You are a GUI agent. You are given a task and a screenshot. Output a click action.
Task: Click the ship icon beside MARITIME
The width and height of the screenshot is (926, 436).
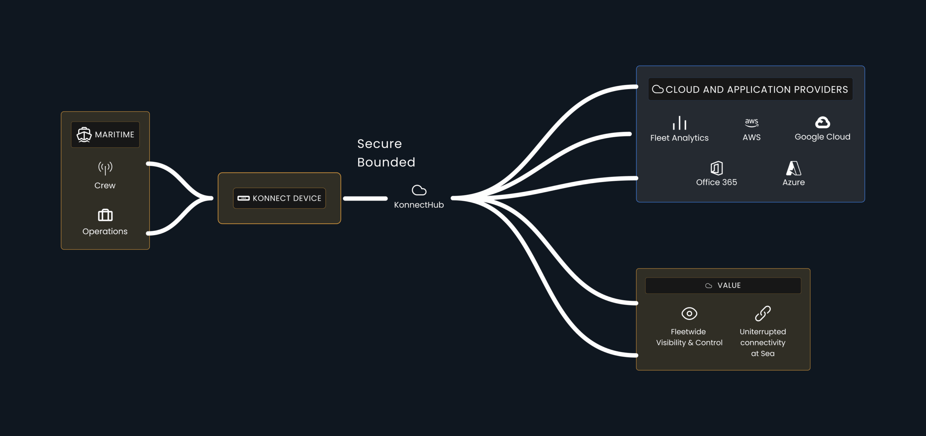[x=84, y=135]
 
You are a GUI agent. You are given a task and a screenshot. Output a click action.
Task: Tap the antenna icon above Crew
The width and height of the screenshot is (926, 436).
[x=105, y=168]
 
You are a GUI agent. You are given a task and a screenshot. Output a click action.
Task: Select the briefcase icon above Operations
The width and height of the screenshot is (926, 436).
[x=105, y=215]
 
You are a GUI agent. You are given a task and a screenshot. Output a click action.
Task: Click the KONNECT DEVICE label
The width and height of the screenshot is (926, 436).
[x=287, y=198]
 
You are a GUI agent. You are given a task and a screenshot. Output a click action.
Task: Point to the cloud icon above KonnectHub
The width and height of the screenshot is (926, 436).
[x=419, y=190]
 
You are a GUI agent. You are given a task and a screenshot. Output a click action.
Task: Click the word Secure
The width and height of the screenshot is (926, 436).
[x=379, y=144]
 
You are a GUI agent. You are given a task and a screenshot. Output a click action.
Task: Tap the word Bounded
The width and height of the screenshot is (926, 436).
[x=386, y=162]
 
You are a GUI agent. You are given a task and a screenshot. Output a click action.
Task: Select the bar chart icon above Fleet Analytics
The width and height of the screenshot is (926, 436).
[x=679, y=123]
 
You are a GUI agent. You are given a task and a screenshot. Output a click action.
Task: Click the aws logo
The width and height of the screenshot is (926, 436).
[x=752, y=122]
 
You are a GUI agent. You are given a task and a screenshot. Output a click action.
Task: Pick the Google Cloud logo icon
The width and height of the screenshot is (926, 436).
[x=822, y=123]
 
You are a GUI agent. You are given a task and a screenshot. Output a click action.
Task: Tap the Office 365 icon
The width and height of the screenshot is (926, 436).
[x=717, y=168]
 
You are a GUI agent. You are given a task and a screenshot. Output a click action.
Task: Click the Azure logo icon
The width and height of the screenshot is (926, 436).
[x=794, y=168]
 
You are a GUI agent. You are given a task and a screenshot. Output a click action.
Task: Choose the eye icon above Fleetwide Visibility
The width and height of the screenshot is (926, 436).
[x=689, y=313]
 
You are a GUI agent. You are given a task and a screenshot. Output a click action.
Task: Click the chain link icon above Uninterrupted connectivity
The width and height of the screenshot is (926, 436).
[x=763, y=313]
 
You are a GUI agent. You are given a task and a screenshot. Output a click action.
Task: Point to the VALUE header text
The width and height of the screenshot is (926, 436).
[x=729, y=285]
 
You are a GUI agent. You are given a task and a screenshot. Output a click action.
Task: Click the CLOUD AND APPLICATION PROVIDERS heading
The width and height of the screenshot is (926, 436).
[x=756, y=90]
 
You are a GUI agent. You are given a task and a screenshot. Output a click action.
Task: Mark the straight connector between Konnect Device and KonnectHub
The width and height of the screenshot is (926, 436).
[x=365, y=198]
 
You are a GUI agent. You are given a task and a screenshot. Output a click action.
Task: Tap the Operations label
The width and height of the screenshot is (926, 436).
[x=105, y=232]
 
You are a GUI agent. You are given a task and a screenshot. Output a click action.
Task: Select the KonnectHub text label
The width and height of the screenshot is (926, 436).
[x=419, y=205]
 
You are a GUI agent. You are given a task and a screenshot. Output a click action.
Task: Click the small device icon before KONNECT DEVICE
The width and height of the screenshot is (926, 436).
[x=243, y=198]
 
